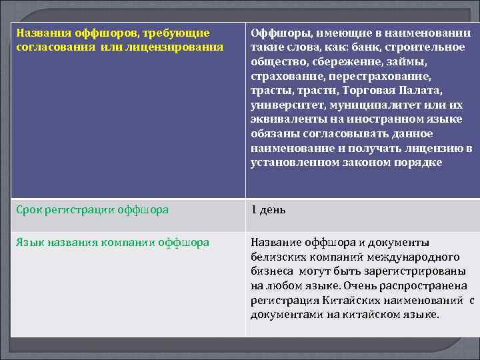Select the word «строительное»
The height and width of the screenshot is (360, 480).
click(x=426, y=47)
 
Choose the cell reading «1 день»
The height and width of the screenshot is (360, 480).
click(x=269, y=210)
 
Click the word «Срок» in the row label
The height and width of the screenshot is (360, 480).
click(x=29, y=210)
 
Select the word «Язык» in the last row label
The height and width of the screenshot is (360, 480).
click(x=30, y=242)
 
